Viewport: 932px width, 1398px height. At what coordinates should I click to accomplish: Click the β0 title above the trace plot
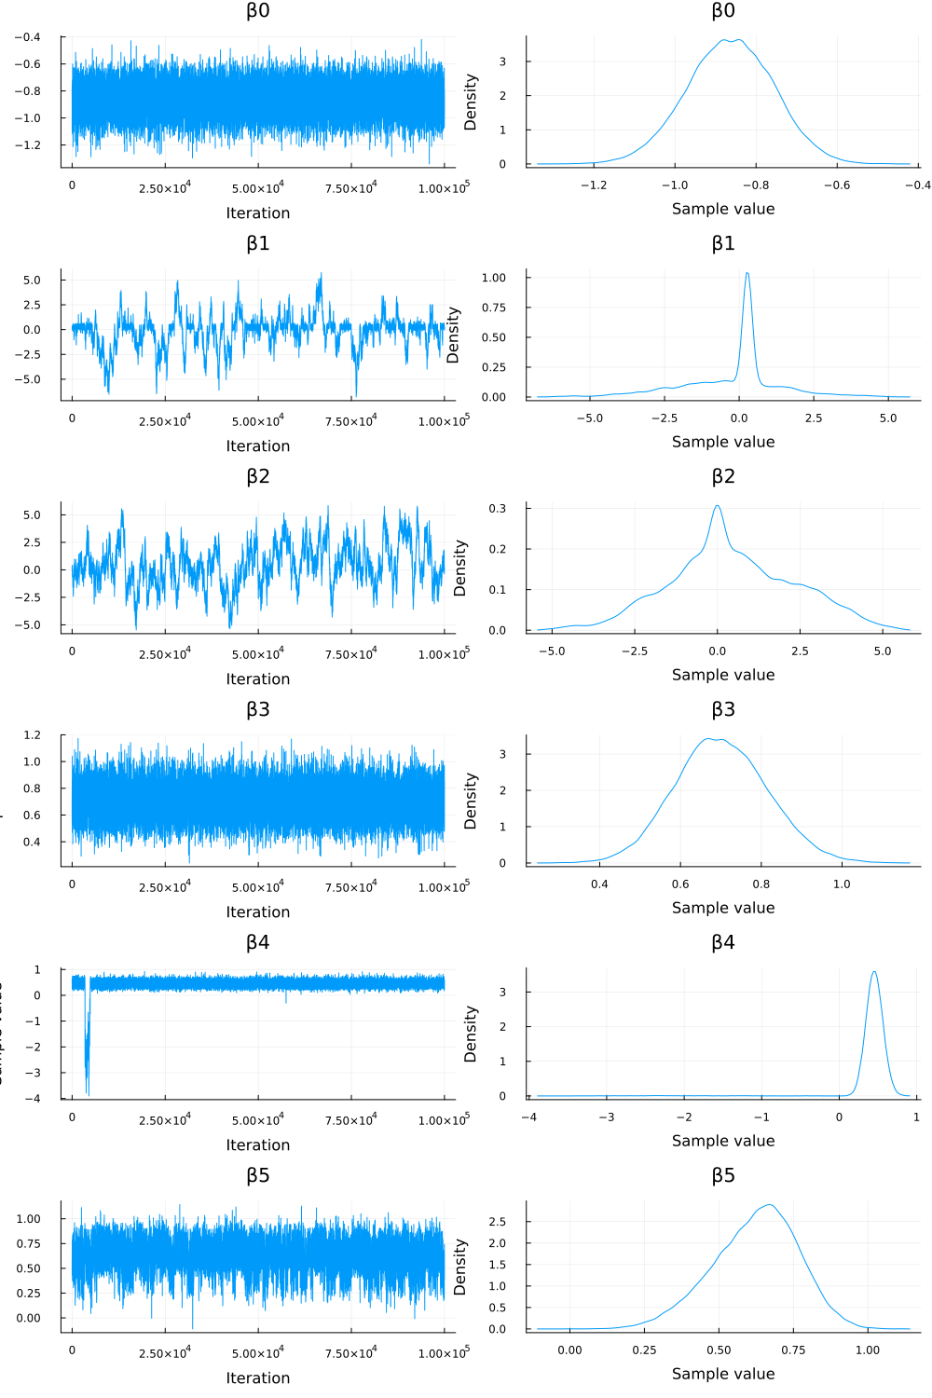[x=258, y=11]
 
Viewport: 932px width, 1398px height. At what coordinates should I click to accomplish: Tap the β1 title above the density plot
[x=723, y=244]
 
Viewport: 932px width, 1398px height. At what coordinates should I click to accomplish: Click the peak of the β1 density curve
[x=747, y=274]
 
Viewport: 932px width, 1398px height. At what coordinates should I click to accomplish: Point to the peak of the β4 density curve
[x=874, y=972]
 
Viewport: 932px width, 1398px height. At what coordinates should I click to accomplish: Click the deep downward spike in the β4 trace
[x=88, y=1092]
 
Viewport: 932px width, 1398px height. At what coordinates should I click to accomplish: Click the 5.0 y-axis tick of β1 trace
[x=32, y=281]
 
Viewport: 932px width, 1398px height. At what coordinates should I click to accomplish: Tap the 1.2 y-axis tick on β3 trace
[x=32, y=735]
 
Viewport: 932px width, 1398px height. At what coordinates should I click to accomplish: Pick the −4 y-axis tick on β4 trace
[x=32, y=1099]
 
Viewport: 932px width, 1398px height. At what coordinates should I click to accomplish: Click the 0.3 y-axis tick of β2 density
[x=497, y=509]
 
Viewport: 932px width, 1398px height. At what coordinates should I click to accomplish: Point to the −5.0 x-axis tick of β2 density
[x=552, y=651]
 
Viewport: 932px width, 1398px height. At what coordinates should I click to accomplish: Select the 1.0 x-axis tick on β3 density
[x=842, y=884]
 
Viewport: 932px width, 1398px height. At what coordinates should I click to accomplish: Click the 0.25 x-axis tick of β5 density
[x=644, y=1350]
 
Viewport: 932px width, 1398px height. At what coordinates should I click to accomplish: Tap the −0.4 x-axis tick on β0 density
[x=918, y=185]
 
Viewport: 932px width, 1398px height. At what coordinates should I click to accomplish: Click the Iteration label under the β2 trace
[x=258, y=679]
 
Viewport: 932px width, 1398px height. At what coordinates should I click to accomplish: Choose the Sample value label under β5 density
[x=723, y=1374]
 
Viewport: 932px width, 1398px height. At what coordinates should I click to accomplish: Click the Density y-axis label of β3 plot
[x=471, y=801]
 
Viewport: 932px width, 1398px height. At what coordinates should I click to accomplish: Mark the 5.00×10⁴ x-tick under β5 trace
[x=258, y=1352]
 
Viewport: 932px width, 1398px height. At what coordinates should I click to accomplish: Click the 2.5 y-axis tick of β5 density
[x=497, y=1222]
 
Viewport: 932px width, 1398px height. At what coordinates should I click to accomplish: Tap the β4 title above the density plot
[x=723, y=943]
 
